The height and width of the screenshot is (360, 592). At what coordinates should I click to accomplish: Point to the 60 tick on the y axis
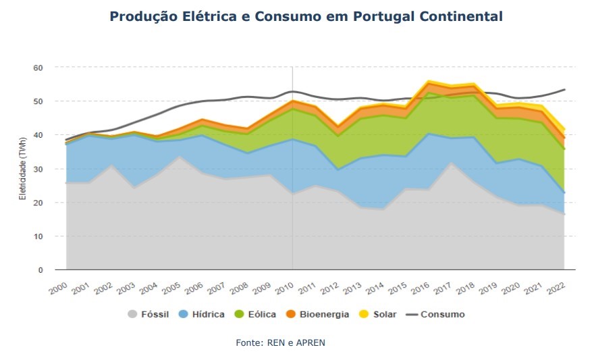(38, 68)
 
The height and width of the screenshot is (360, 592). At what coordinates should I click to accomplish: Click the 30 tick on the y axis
(38, 169)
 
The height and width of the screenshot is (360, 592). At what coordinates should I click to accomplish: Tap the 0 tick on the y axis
(40, 270)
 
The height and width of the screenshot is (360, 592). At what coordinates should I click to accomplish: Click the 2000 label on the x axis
(59, 287)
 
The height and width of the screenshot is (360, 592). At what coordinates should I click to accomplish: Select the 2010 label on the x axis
(284, 287)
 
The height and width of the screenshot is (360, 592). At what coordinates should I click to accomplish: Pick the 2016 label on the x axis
(420, 287)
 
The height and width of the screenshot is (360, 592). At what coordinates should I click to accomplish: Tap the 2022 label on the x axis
(556, 287)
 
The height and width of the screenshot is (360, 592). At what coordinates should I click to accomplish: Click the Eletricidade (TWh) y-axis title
(23, 169)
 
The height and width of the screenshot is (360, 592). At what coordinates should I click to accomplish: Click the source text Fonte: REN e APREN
(280, 343)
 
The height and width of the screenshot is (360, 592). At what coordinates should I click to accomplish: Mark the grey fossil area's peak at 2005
(180, 157)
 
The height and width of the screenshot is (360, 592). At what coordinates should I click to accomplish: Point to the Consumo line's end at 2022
(564, 90)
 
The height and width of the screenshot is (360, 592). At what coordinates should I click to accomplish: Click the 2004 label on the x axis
(149, 287)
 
